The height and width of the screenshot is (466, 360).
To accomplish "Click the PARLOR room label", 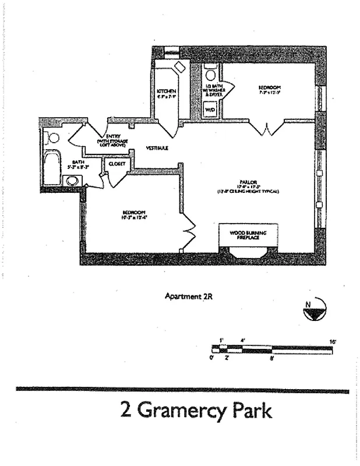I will tap(252, 181).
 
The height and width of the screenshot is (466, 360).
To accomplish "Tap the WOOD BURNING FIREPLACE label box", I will tap(248, 235).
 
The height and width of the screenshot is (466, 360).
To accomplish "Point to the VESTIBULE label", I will tap(157, 148).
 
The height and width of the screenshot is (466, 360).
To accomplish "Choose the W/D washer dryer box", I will tap(209, 109).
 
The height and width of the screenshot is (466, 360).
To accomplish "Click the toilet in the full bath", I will tap(52, 138).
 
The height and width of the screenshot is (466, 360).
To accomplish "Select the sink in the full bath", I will tap(72, 181).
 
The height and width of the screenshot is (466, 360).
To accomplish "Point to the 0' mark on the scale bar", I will tap(213, 358).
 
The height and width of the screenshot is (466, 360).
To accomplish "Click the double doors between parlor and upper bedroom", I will tap(266, 127).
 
